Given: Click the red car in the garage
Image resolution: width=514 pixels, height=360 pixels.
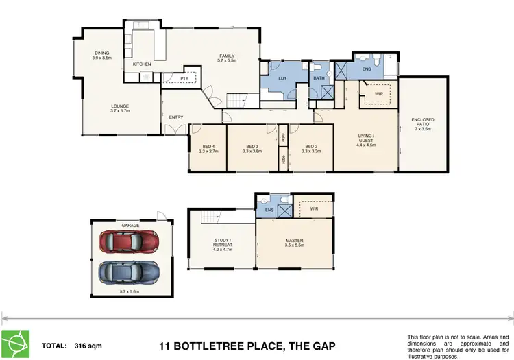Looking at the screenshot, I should click(x=128, y=242).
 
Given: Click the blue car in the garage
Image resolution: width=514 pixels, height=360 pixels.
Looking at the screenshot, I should click(x=128, y=272).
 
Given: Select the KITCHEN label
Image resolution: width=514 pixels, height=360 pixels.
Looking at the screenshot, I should click(x=142, y=64).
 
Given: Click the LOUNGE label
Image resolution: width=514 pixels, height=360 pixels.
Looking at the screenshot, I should click(x=121, y=106).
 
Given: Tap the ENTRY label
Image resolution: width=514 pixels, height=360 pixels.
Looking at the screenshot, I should click(x=176, y=117).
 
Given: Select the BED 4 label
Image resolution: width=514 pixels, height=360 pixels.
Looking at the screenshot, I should click(x=209, y=146).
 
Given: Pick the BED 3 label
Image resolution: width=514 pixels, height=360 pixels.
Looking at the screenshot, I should click(x=252, y=146).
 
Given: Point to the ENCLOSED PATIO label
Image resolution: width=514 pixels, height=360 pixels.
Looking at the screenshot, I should click(x=422, y=121).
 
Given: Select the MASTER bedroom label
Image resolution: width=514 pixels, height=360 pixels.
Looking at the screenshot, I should click(x=295, y=239).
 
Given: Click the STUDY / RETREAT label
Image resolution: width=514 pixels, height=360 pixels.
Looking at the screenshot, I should click(x=223, y=244).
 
